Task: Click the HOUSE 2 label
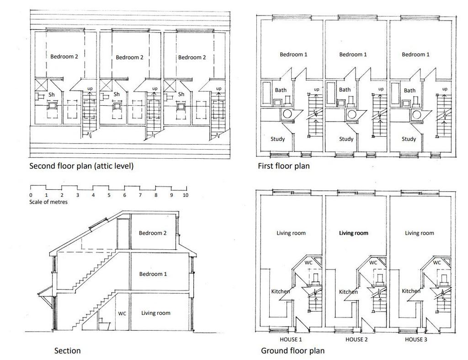[356, 339]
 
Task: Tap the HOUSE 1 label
[291, 339]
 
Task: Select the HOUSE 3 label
[416, 339]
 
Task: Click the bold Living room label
[354, 233]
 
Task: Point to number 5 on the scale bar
[109, 195]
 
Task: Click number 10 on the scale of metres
[186, 195]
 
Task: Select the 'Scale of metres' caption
[48, 202]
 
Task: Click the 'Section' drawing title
[68, 350]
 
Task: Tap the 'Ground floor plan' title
[293, 350]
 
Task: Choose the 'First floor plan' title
[284, 166]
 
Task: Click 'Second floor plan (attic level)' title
[81, 166]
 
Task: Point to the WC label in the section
[122, 313]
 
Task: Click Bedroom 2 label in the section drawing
[153, 233]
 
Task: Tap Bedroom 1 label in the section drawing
[153, 274]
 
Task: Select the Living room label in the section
[156, 313]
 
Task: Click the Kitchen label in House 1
[280, 291]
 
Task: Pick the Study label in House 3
[409, 139]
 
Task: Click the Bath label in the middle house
[345, 90]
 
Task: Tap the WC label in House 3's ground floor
[436, 263]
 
